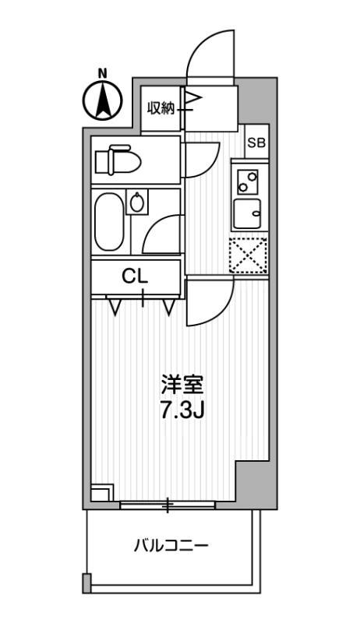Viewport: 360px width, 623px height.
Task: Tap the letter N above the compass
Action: coord(102,74)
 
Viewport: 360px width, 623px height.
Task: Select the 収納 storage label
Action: coord(163,109)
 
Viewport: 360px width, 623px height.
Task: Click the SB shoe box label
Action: coord(256,143)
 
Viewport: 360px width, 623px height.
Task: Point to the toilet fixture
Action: coord(118,161)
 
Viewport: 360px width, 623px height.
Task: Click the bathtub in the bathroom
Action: coord(108,221)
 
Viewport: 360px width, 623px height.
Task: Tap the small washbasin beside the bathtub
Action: coord(138,203)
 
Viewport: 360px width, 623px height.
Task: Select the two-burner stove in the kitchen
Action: coord(249,181)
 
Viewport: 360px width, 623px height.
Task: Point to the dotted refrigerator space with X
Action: coord(248,255)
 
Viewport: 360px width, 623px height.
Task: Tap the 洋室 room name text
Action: coord(182,385)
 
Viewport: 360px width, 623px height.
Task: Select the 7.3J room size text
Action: coord(182,410)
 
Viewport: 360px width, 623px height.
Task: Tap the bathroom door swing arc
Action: coord(162,234)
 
